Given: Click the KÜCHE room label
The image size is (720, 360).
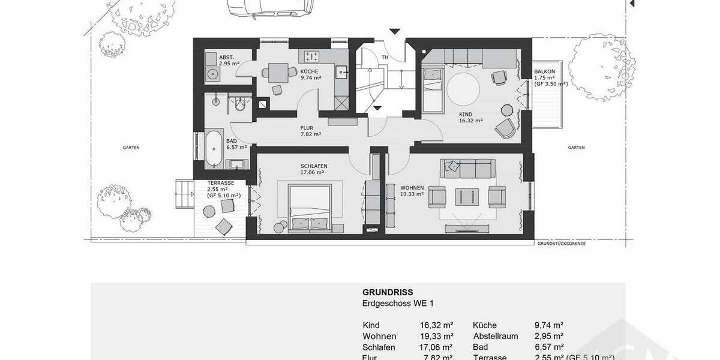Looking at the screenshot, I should [x=310, y=70].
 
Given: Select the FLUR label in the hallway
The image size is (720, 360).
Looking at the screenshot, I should [x=307, y=128].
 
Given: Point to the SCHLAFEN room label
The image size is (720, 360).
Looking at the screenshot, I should [x=314, y=166].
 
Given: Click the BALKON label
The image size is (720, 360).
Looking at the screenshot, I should [x=544, y=72].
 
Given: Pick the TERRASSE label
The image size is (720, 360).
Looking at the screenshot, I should [x=220, y=182].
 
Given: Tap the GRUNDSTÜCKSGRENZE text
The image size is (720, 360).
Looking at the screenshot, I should [x=561, y=244].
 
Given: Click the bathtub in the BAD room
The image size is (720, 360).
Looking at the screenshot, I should [x=213, y=149].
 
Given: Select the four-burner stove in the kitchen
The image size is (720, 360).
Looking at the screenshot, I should [x=311, y=57].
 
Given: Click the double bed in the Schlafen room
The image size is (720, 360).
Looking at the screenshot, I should [x=309, y=208].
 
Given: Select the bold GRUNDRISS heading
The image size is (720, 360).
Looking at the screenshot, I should [x=388, y=293].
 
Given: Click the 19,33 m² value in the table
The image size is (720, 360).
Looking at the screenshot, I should [x=436, y=336].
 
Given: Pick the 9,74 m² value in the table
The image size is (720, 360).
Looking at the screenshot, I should [x=548, y=325].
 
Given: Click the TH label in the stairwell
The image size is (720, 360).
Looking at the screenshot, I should [x=385, y=58].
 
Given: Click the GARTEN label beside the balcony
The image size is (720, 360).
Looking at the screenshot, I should [x=576, y=148].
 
